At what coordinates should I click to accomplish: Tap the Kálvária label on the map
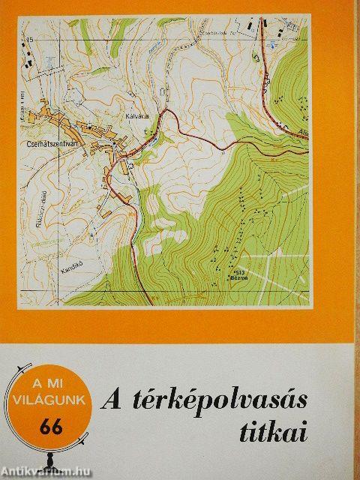(137, 116)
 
